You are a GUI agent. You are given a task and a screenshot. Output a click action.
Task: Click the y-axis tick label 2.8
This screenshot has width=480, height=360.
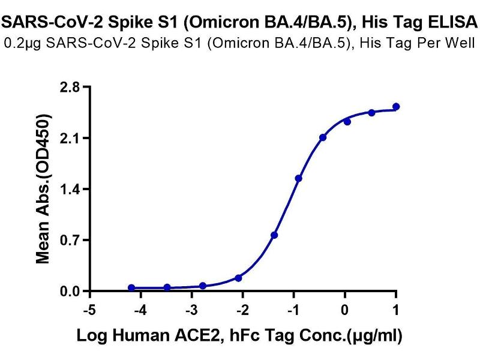click(71, 88)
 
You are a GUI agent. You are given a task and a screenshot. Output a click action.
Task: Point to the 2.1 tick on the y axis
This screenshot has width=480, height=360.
click(71, 139)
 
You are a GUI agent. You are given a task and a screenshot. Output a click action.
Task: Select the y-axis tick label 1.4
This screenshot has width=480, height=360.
click(71, 190)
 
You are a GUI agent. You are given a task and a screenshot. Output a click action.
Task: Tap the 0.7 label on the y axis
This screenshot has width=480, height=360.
click(71, 241)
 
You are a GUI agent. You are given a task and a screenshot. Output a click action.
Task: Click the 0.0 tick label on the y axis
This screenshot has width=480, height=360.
click(71, 292)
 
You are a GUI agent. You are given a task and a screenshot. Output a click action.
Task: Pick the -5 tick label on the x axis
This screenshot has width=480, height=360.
click(89, 310)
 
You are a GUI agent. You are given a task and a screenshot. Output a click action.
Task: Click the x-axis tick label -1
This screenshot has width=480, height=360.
click(293, 310)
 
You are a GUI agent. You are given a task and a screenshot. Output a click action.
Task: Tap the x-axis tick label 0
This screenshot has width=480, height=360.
click(345, 310)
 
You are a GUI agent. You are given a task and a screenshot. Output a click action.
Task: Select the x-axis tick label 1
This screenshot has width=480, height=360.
click(396, 310)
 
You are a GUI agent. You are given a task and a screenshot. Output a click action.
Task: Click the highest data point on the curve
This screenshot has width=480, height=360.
click(396, 107)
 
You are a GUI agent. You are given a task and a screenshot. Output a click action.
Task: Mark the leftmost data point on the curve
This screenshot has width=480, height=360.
click(131, 288)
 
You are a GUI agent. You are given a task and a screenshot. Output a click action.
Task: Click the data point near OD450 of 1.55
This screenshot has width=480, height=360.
click(299, 178)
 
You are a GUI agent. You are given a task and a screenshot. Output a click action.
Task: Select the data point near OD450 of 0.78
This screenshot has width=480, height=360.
click(274, 235)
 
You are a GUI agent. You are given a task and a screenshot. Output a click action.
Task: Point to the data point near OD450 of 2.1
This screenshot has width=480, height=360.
click(323, 137)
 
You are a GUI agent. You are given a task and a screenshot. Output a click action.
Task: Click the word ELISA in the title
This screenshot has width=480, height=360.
click(455, 23)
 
